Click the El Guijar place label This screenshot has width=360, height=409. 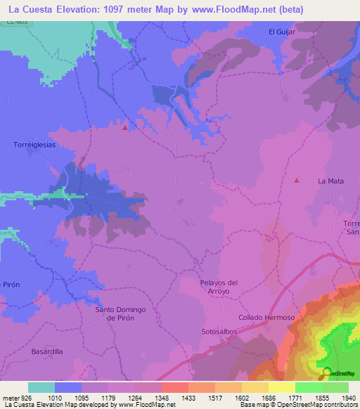(x=283, y=32)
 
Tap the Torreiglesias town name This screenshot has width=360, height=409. (x=34, y=144)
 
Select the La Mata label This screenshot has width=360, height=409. (x=330, y=181)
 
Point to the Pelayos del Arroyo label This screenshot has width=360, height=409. (x=219, y=287)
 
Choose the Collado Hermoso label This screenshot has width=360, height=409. (x=266, y=318)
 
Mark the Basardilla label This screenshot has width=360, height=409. (x=48, y=351)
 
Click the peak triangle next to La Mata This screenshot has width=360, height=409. (x=297, y=181)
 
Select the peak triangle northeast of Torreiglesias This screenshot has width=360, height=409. (x=126, y=128)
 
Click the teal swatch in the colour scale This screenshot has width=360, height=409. (x=41, y=387)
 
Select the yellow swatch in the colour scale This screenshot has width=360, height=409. (x=281, y=387)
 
